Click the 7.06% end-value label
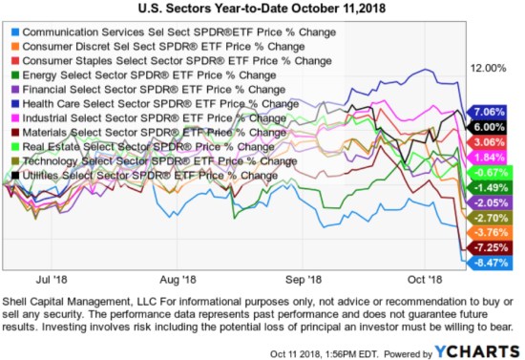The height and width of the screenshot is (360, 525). (488, 111)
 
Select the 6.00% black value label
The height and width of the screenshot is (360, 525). (488, 126)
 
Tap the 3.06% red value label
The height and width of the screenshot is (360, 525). (488, 141)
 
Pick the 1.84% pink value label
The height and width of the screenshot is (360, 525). (488, 157)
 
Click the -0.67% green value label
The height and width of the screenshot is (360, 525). (488, 172)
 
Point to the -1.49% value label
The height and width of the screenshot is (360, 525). (488, 187)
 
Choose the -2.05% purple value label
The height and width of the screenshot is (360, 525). (488, 202)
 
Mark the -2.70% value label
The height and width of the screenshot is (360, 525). (488, 218)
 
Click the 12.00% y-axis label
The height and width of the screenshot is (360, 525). (488, 68)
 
